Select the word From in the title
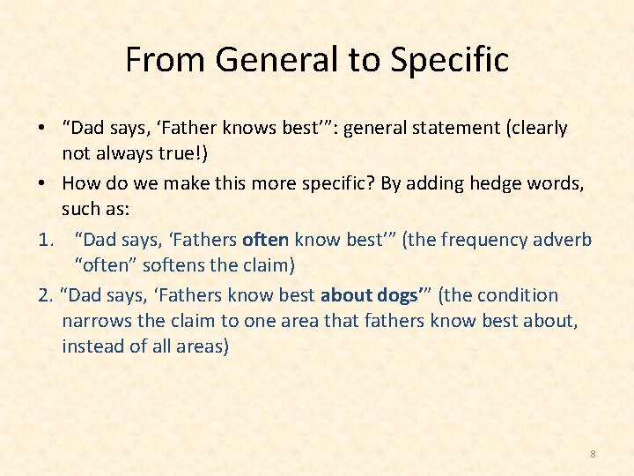click(x=165, y=60)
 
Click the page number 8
click(x=593, y=454)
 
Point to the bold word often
click(x=265, y=240)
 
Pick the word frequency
click(x=487, y=240)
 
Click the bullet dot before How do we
click(x=42, y=183)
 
